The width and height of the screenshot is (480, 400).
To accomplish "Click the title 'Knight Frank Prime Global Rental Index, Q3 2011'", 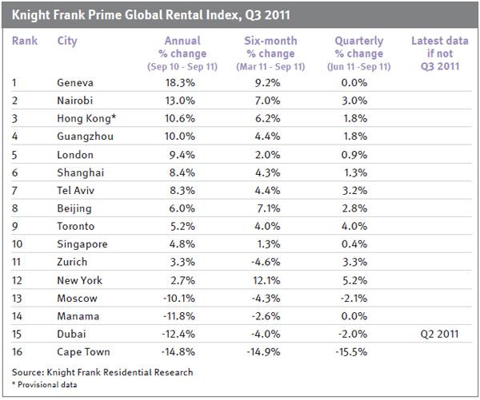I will [x=152, y=14].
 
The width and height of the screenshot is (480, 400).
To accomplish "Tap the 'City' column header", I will [x=68, y=40].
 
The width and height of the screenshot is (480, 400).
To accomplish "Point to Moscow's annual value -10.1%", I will [x=181, y=298].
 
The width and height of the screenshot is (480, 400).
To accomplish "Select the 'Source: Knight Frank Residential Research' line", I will [x=102, y=372].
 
